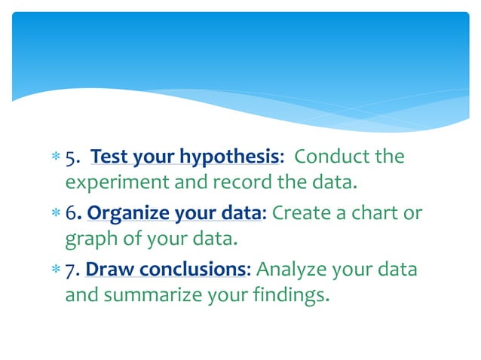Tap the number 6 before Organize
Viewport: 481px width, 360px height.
tap(70, 215)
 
